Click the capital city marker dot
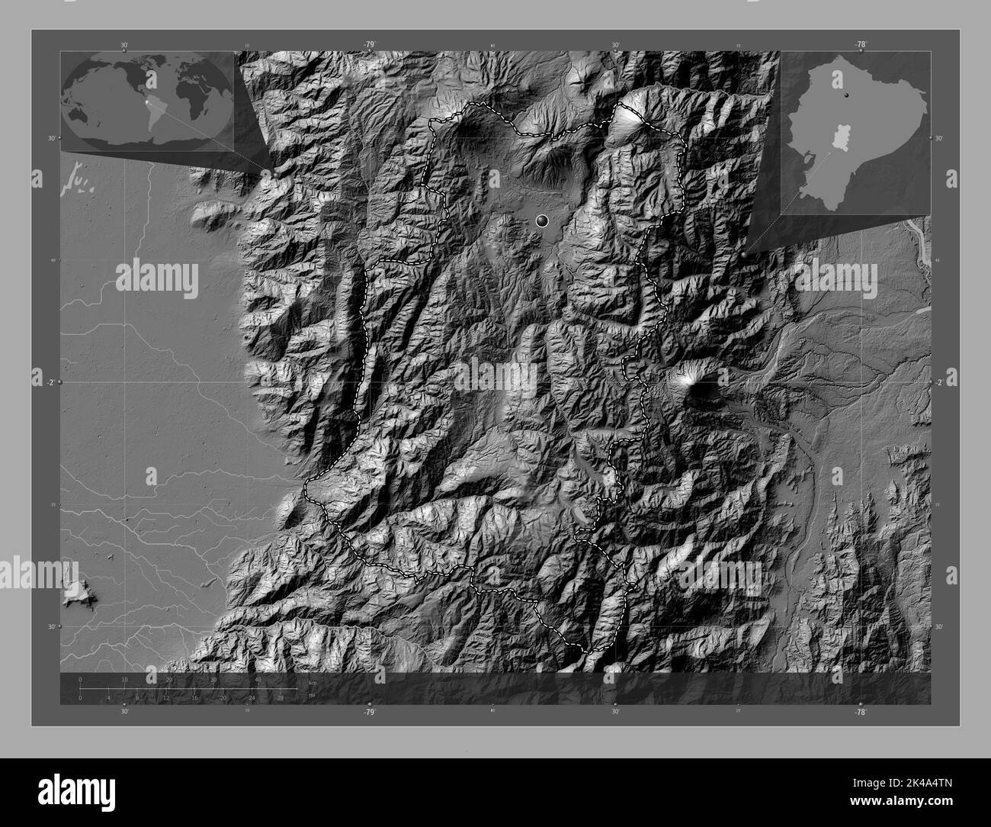[542, 221]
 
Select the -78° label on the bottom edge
[860, 712]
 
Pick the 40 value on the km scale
[258, 679]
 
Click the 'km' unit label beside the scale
[313, 682]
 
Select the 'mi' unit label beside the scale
[311, 694]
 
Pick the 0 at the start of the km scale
[80, 679]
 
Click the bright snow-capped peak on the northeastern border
[627, 116]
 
